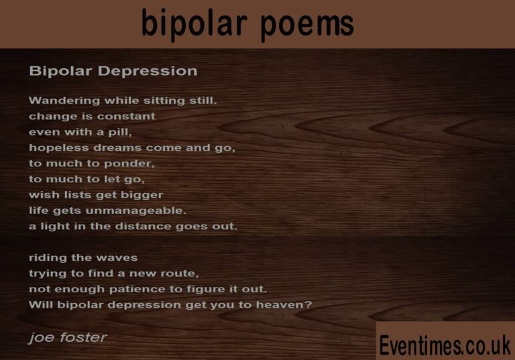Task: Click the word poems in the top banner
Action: tap(306, 24)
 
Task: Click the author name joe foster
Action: tap(67, 337)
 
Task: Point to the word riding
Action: tap(46, 258)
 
